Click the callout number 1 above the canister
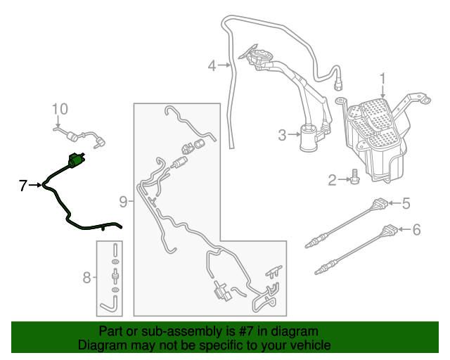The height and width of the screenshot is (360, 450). tap(382, 81)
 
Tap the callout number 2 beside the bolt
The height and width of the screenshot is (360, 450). tap(332, 180)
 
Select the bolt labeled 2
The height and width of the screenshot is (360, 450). tap(354, 177)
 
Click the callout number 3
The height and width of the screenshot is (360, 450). tap(283, 135)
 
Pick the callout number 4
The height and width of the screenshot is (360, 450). tap(212, 65)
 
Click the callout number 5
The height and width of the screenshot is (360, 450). tap(406, 203)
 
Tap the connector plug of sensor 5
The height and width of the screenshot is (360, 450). tap(380, 203)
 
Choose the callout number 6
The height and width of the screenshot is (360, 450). tap(416, 229)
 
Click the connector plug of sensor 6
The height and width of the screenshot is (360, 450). tap(390, 229)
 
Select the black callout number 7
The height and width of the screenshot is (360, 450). tap(23, 186)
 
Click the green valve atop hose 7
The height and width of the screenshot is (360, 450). tap(75, 160)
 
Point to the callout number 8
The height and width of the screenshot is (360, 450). tap(86, 278)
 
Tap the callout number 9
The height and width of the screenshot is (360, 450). tap(123, 202)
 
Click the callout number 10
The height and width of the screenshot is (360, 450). tap(60, 109)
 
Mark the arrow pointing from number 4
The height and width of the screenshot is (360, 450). tap(224, 65)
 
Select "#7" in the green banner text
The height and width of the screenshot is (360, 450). tap(245, 331)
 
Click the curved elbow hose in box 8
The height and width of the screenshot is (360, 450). tap(110, 304)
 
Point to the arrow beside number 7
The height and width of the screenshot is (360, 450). tap(35, 185)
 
